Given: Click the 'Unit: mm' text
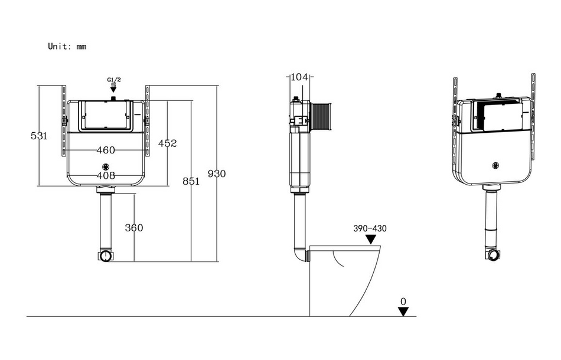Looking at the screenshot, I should pos(67,46).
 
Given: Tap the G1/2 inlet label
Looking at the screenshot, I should pos(114,80).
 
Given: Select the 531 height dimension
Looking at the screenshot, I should pos(39,136).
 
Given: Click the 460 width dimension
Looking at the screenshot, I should pos(106,150).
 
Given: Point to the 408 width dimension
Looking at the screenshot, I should pos(106,175).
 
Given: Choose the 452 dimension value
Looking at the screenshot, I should pos(168,143).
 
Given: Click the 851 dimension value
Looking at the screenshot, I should pos(191,181).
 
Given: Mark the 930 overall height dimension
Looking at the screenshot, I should pos(217,174).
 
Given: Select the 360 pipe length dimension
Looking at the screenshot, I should pos(134,228).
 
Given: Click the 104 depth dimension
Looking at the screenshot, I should pos(300,77).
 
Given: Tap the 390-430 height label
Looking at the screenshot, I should pos(370,228).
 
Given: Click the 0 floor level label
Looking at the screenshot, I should pos(403,301).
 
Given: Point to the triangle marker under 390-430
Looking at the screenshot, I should pos(371,239).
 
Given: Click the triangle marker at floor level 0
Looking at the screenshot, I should pos(403,311).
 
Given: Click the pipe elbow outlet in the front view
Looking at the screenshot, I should pos(106,256).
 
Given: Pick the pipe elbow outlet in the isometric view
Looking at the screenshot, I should pos(494,254).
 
